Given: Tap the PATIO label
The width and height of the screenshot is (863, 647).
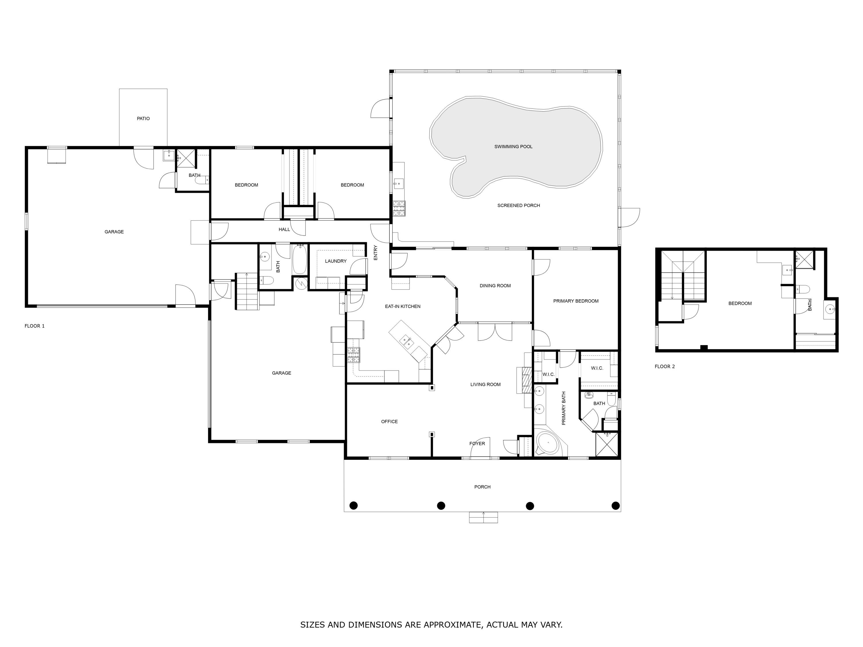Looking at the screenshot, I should tap(143, 118).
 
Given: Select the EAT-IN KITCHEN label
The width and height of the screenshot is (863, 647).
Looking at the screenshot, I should tap(403, 307).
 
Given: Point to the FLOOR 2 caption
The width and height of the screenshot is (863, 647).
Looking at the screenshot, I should tap(665, 367).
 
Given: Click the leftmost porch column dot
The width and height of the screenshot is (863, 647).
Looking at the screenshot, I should tap(354, 506).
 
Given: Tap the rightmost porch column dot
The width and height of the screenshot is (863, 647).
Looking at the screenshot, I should tap(616, 506).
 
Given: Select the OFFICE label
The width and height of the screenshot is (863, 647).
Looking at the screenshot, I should tap(390, 422).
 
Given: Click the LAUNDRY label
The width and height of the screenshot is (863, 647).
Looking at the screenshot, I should tap(335, 261).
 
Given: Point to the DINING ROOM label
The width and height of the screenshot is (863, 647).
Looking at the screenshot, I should tap(495, 286).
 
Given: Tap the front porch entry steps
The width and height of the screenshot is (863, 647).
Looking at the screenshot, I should tap(483, 518).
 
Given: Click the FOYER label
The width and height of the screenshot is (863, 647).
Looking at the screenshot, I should tap(477, 444).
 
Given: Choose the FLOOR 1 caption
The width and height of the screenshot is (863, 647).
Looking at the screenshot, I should tap(35, 326).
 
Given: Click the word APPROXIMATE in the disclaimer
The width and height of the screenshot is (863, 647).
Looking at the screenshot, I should tap(452, 625).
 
